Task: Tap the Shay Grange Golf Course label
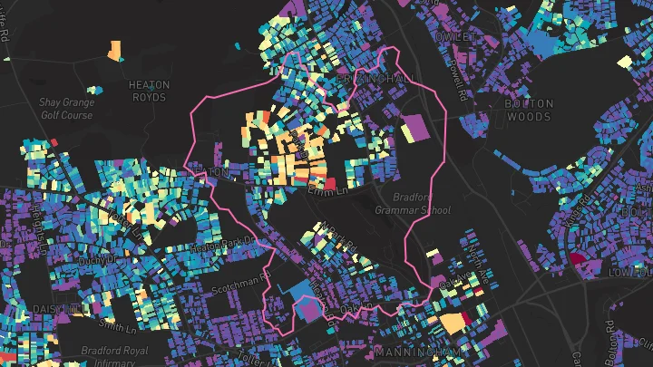pos(66,109)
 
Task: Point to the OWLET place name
pos(455,35)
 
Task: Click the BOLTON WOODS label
pos(528,110)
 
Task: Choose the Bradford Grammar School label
pos(412,203)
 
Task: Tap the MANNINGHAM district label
pos(414,350)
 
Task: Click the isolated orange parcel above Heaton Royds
pos(115,50)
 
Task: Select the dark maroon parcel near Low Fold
pos(577,261)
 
